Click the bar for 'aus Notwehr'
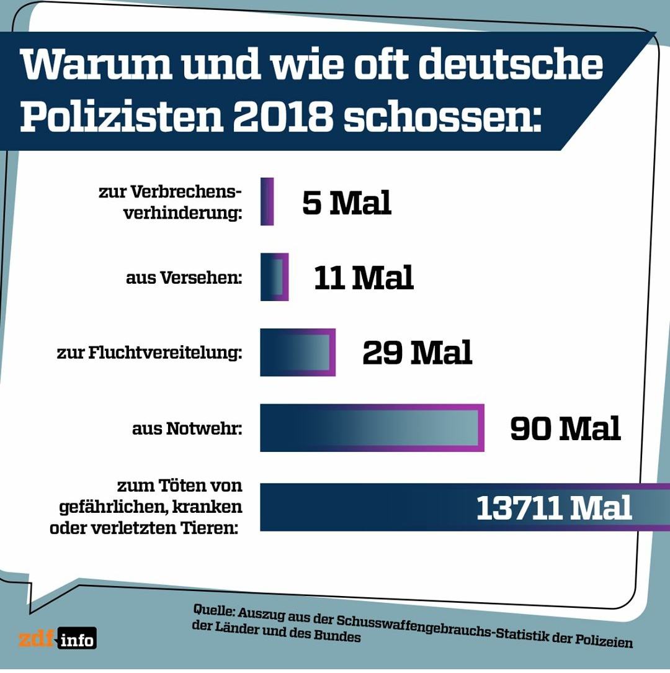[x=372, y=428]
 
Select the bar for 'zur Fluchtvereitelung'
[x=298, y=352]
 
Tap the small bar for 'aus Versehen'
[x=274, y=277]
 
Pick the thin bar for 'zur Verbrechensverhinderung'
[x=267, y=201]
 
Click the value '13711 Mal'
[x=553, y=508]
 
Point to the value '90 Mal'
[x=565, y=428]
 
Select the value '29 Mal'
[x=417, y=353]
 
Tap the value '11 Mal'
[x=364, y=278]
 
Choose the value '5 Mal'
[x=346, y=202]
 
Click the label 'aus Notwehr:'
[x=187, y=428]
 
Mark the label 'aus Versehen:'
[x=184, y=278]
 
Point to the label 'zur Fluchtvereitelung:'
[x=149, y=353]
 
